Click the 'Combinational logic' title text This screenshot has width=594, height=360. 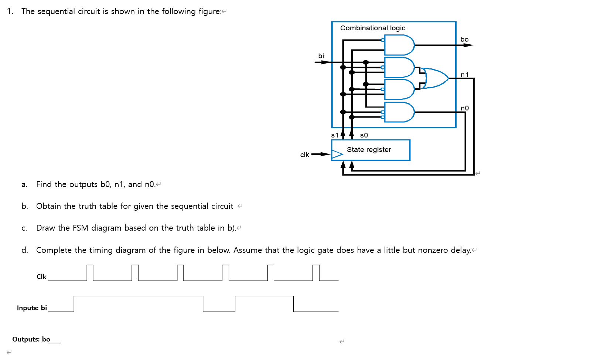click(372, 28)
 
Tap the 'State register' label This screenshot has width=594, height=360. click(369, 150)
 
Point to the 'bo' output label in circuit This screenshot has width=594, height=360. click(464, 40)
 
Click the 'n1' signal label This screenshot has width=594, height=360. click(464, 75)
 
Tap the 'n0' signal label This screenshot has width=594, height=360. click(464, 108)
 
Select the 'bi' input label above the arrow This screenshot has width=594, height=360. click(321, 56)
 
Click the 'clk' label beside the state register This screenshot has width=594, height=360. click(304, 155)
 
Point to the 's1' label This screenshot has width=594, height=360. click(335, 135)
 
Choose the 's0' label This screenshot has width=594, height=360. click(364, 135)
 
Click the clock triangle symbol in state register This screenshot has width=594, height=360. click(337, 154)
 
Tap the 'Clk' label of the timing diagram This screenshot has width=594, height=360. click(41, 276)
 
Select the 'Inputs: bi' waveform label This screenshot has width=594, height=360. click(32, 308)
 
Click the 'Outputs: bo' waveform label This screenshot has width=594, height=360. click(31, 339)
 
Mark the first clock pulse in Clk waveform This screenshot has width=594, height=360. click(90, 272)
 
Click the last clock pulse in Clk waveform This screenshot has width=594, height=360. click(316, 272)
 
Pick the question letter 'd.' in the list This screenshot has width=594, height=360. click(24, 250)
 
